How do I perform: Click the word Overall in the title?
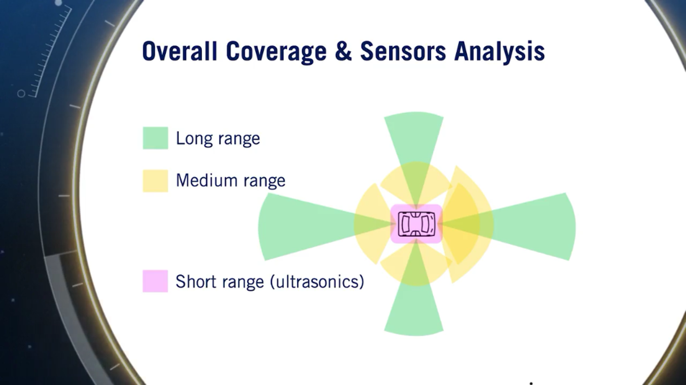[179, 51]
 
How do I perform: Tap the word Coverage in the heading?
[276, 51]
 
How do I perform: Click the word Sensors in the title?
[403, 51]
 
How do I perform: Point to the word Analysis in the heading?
[499, 51]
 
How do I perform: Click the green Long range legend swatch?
[155, 138]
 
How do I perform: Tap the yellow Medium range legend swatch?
[155, 181]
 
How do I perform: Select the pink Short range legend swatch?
[155, 281]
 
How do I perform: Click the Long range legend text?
[218, 138]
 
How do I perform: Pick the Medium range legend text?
[230, 181]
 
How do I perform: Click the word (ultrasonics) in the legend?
[317, 282]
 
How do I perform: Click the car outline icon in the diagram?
[416, 224]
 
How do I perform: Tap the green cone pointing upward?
[414, 137]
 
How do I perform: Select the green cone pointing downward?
[414, 312]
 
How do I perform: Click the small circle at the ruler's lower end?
[21, 94]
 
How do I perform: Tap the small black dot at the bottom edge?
[531, 383]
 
